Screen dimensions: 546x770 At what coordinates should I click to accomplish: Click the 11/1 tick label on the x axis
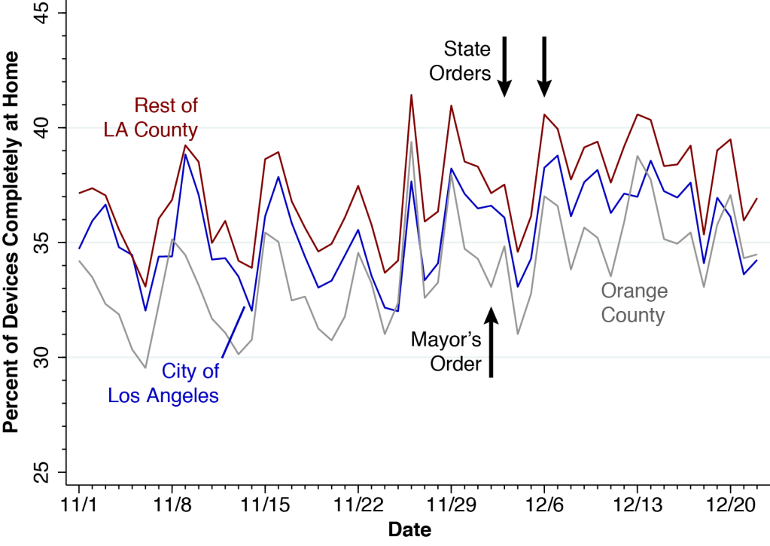coord(78,502)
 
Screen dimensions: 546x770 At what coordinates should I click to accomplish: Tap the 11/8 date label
coord(172,502)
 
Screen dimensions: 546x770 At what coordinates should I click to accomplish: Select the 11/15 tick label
coord(265,502)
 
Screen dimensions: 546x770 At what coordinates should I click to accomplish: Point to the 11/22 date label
coord(358,502)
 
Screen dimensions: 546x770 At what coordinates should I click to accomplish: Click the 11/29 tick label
coord(451,502)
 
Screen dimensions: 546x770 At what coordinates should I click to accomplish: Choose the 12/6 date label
coord(544,502)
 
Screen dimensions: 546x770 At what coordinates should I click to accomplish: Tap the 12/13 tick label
coord(637,502)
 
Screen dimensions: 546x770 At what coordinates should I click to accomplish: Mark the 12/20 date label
coord(730,502)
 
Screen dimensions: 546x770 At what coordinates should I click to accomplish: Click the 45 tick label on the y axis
coord(48,13)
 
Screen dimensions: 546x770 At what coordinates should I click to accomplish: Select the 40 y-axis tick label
coord(48,128)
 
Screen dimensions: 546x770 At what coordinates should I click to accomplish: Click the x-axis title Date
coord(409,529)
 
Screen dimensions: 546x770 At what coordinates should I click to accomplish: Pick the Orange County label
coord(634,303)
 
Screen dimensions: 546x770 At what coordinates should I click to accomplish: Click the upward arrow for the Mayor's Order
coord(491,343)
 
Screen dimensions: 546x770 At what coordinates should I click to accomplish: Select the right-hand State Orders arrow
coord(544,66)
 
